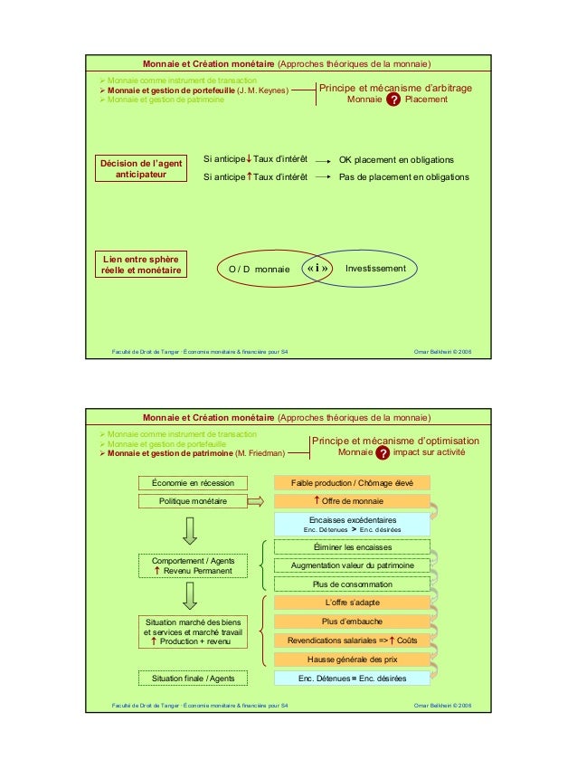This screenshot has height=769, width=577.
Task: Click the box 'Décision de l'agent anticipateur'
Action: pyautogui.click(x=141, y=168)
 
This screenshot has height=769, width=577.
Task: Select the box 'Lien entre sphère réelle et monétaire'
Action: pyautogui.click(x=141, y=264)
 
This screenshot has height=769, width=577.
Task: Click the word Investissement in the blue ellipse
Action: pyautogui.click(x=375, y=269)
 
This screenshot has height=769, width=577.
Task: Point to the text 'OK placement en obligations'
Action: pyautogui.click(x=396, y=159)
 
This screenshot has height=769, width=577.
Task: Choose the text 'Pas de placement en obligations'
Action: pyautogui.click(x=403, y=177)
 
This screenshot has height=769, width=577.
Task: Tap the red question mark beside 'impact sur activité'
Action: pyautogui.click(x=383, y=452)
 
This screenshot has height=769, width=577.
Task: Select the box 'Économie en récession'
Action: pyautogui.click(x=193, y=483)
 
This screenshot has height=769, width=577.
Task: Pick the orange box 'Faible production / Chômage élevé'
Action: pyautogui.click(x=352, y=483)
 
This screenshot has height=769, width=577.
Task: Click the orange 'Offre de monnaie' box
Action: pyautogui.click(x=352, y=501)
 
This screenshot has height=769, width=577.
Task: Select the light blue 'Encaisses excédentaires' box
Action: pyautogui.click(x=352, y=525)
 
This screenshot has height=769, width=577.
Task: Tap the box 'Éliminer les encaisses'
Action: pyautogui.click(x=352, y=547)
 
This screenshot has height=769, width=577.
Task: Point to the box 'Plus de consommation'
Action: pyautogui.click(x=352, y=584)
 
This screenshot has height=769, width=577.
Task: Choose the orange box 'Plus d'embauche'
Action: pyautogui.click(x=352, y=622)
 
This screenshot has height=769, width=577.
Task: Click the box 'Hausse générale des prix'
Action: pyautogui.click(x=352, y=659)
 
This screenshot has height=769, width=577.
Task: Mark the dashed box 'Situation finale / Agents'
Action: pyautogui.click(x=193, y=679)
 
